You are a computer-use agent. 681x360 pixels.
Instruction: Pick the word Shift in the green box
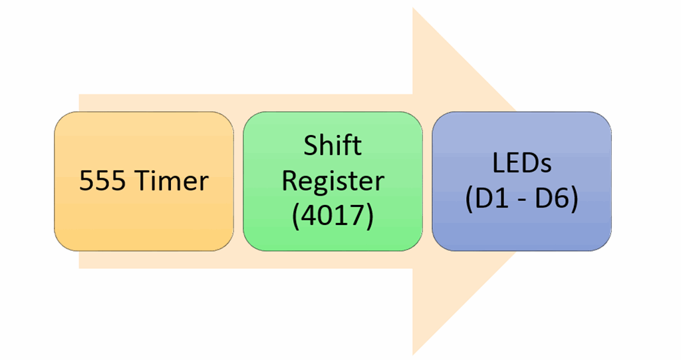coord(333,146)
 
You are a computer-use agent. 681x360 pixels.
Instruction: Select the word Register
coord(333,181)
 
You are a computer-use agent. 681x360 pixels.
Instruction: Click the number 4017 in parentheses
coord(333,216)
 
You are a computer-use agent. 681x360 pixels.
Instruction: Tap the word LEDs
coord(521,164)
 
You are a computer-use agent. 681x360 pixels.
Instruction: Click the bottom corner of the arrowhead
coord(414,353)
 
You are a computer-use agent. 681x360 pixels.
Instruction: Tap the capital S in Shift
coord(311,146)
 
